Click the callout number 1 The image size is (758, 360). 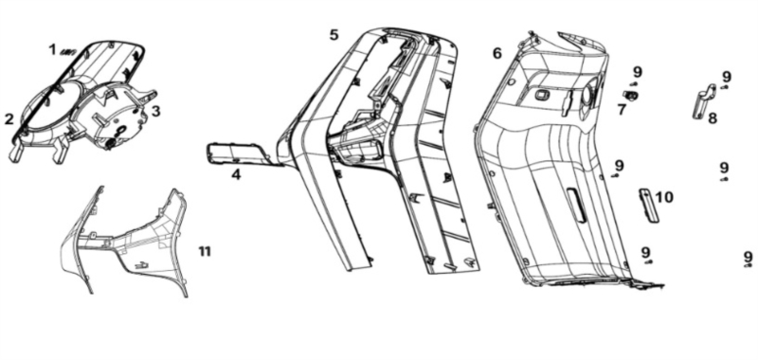[52, 49]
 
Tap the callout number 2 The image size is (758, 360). [9, 119]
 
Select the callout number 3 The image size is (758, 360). [155, 111]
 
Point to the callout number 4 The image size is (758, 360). [236, 174]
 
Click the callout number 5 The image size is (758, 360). [334, 35]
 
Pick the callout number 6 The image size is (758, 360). [497, 53]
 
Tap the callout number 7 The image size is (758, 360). [622, 110]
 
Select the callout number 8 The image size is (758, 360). [713, 117]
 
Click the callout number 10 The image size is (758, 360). [664, 197]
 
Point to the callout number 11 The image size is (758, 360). [205, 251]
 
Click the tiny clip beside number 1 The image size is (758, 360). [65, 52]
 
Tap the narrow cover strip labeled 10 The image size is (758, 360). [649, 206]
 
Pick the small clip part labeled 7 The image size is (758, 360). [631, 96]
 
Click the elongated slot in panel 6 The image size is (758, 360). [576, 205]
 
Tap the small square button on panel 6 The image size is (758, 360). [540, 95]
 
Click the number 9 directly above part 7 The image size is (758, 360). [638, 73]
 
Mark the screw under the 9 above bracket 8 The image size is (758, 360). [724, 87]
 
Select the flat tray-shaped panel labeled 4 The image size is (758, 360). [238, 153]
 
